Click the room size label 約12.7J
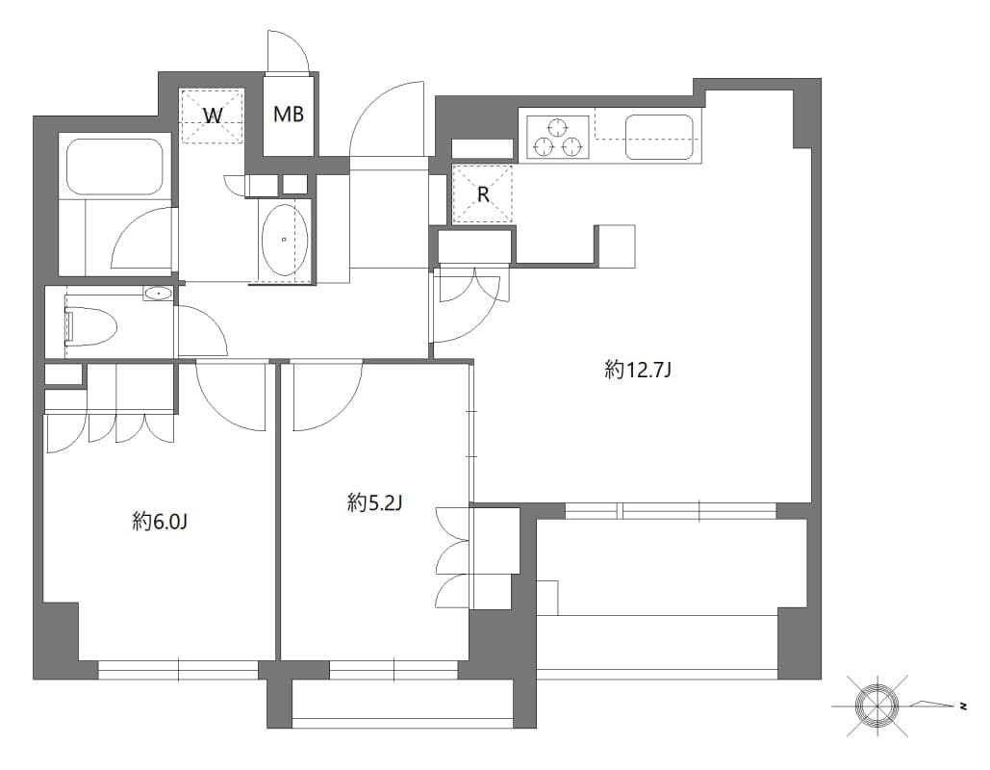(x=637, y=370)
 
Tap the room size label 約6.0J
(x=160, y=522)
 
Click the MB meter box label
(x=289, y=115)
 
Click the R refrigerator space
(x=483, y=193)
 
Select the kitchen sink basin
(x=660, y=137)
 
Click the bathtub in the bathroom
(x=114, y=167)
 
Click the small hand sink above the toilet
(x=158, y=293)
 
